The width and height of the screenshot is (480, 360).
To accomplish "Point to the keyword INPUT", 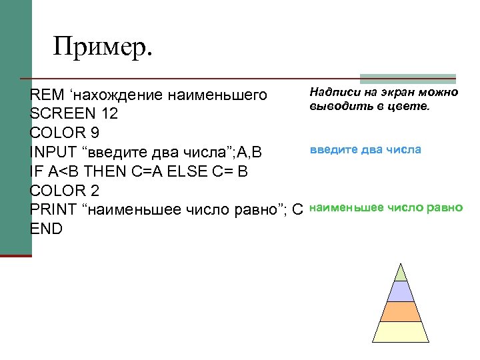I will coord(54,153).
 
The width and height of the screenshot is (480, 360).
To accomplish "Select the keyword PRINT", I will coord(53,209).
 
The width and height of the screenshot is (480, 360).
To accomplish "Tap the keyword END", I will coord(46,229).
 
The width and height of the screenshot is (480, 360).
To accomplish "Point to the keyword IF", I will coord(35,171).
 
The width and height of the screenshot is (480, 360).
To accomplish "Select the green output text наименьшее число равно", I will coord(386,207).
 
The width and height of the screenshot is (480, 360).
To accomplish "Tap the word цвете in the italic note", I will coord(413,105).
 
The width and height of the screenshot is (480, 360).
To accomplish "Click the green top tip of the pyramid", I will coord(401,273).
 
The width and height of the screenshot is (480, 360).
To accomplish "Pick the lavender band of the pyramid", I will coord(401,291).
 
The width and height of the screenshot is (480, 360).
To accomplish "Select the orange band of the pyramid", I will coord(401,311).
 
